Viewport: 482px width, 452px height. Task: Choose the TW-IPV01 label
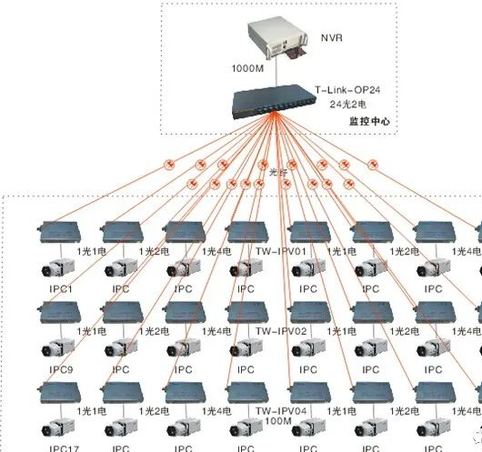(x=281, y=250)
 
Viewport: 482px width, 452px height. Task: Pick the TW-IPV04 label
(x=281, y=410)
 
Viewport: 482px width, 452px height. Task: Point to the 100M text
(x=277, y=421)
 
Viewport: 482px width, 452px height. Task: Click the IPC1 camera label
(x=57, y=289)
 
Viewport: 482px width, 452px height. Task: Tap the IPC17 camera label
(x=59, y=447)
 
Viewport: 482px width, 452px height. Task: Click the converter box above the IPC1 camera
(x=60, y=232)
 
